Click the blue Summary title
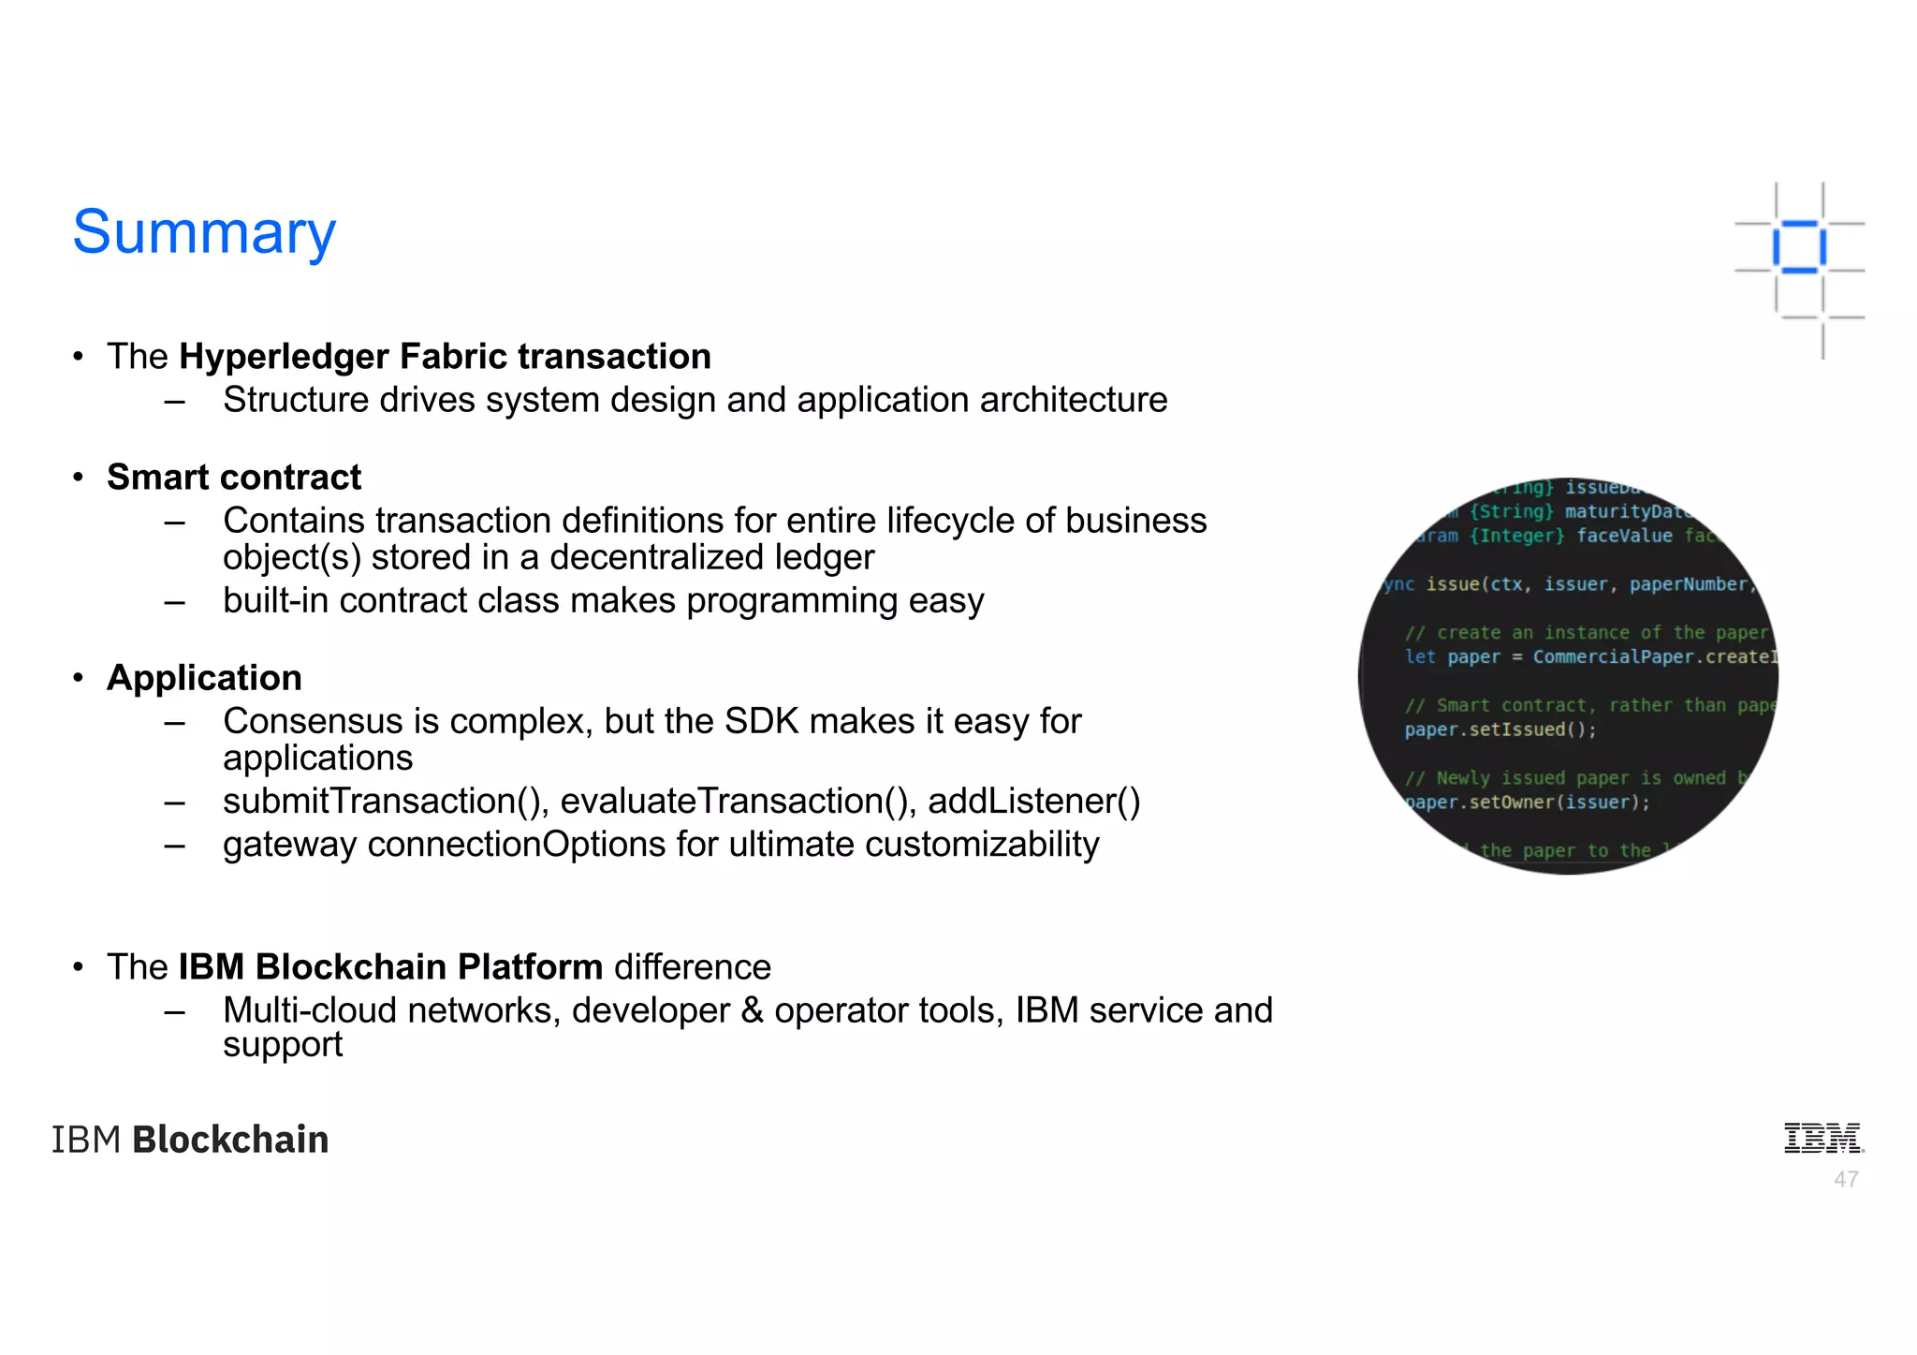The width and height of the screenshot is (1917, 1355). pos(204,232)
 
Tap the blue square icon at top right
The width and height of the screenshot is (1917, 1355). pos(1798,247)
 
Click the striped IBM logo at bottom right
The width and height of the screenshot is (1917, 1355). pos(1822,1138)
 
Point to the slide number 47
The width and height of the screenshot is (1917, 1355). pos(1846,1180)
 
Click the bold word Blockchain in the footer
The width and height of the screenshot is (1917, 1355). pos(230,1140)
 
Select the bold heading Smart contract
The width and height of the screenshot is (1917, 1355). pos(234,478)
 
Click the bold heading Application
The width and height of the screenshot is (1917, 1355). pos(204,678)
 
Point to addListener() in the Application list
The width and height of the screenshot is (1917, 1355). pos(1033,802)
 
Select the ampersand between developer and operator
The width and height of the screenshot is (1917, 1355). pos(752,1010)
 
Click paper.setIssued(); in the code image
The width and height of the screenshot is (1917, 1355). pos(1500,729)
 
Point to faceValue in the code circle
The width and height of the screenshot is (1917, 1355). pos(1624,536)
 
